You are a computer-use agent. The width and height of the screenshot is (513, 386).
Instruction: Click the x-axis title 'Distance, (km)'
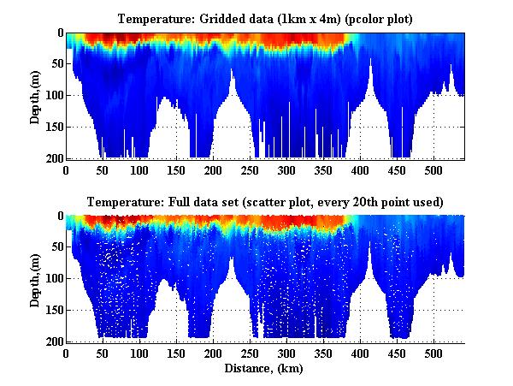click(x=265, y=369)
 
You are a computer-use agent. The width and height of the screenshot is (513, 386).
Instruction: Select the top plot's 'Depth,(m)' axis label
click(x=35, y=96)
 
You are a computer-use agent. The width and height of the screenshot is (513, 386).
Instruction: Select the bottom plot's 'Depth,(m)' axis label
click(x=35, y=278)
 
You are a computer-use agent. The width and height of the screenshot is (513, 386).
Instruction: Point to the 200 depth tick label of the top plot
click(x=54, y=158)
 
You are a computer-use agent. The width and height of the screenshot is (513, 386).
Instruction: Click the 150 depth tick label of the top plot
click(x=54, y=127)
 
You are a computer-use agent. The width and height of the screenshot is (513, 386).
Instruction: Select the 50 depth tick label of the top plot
click(x=56, y=64)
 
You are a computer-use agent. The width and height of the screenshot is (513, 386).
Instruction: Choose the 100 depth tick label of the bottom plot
click(x=54, y=278)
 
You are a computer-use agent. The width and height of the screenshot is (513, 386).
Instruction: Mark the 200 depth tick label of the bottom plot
click(x=54, y=341)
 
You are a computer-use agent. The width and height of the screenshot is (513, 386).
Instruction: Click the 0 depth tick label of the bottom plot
click(x=59, y=216)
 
